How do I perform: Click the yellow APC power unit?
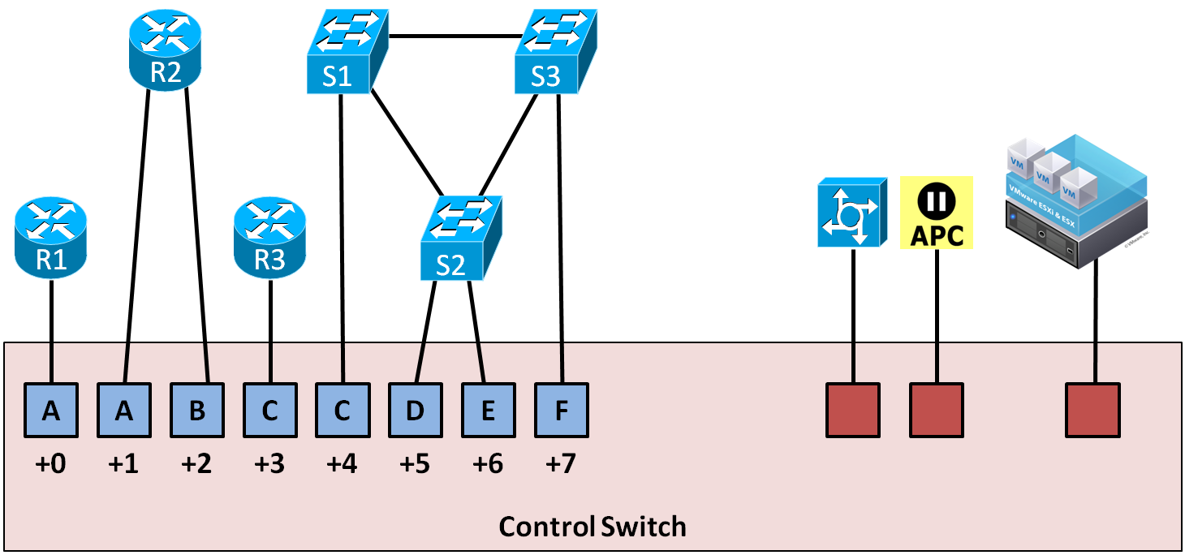[x=937, y=213]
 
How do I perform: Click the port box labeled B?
[x=196, y=411]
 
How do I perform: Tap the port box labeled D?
[x=415, y=411]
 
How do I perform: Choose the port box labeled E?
[x=488, y=411]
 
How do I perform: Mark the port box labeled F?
[x=561, y=411]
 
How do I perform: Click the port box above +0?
[x=51, y=411]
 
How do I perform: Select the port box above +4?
[x=342, y=411]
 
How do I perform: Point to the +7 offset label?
[x=561, y=464]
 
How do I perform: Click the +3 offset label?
[x=269, y=464]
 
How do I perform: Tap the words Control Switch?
[x=592, y=527]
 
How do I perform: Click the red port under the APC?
[x=937, y=411]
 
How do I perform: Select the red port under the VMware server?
[x=1092, y=411]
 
